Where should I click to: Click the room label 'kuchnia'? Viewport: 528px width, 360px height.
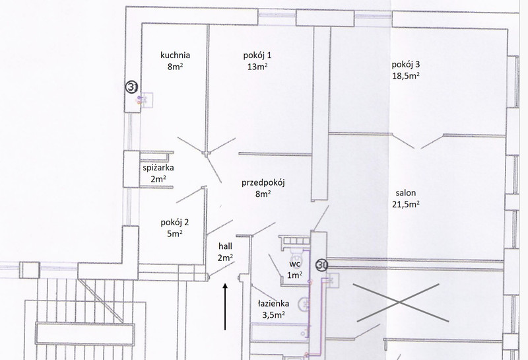[x=175, y=55]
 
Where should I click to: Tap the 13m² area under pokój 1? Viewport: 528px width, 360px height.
[x=257, y=67]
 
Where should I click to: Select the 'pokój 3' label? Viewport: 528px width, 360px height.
[x=405, y=64]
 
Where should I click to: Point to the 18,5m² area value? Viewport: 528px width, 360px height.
[x=405, y=75]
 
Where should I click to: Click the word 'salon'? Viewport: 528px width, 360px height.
[x=405, y=193]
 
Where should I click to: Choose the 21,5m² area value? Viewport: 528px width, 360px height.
[x=405, y=204]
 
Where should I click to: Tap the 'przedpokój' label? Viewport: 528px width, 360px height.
[x=263, y=183]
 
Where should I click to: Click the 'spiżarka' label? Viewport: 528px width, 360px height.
[x=158, y=168]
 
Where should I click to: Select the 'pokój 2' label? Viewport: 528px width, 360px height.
[x=175, y=223]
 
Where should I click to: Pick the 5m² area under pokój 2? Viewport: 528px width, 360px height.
[x=175, y=233]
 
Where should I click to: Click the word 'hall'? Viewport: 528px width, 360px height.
[x=225, y=246]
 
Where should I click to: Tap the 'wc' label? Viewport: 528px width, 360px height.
[x=294, y=264]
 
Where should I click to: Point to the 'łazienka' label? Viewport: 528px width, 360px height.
[x=273, y=303]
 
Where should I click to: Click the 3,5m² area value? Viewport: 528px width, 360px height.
[x=273, y=315]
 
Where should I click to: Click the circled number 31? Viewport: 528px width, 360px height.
[x=131, y=87]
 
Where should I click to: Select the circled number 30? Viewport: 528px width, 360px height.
[x=322, y=266]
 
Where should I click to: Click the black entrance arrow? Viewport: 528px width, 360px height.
[x=225, y=306]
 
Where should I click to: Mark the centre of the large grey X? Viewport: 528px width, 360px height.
[x=400, y=303]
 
